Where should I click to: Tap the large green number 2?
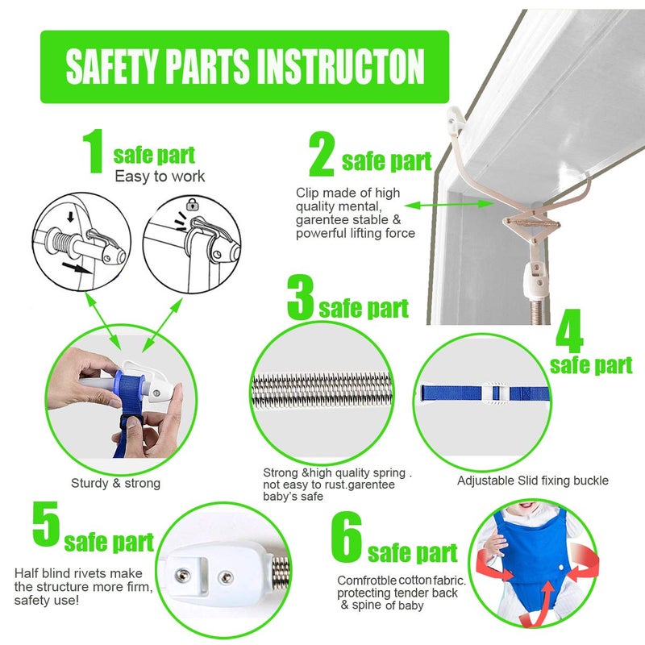(x=322, y=155)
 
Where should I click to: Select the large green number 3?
(x=300, y=298)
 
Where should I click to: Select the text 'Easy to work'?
(x=160, y=176)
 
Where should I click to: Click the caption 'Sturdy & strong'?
(x=115, y=484)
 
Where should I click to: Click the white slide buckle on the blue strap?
(x=497, y=393)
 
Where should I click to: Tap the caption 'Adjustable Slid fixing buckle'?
(x=533, y=481)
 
